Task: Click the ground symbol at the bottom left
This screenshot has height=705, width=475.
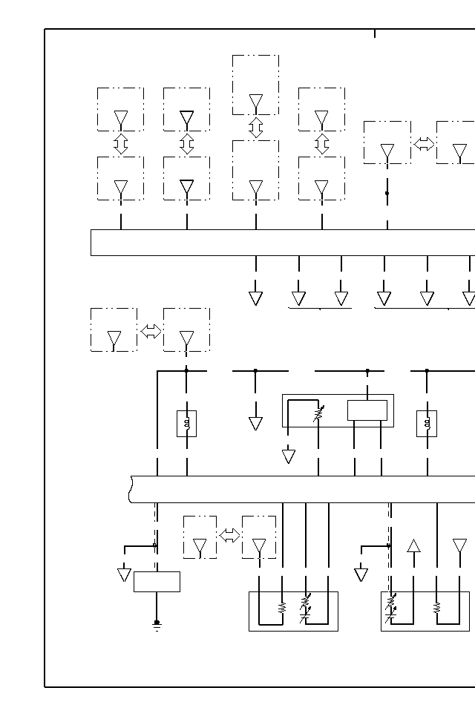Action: (x=157, y=625)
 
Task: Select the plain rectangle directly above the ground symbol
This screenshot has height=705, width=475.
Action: (x=157, y=581)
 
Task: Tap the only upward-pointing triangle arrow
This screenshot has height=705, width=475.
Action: (x=414, y=546)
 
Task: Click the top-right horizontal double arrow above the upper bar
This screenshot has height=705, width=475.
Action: (x=424, y=143)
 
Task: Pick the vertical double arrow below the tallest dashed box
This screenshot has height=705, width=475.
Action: (x=256, y=128)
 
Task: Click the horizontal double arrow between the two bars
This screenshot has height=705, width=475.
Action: (x=151, y=331)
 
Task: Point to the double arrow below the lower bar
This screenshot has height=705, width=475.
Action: (x=229, y=535)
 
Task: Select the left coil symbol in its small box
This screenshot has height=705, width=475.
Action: (x=186, y=424)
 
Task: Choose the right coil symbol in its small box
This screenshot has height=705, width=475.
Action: (x=427, y=424)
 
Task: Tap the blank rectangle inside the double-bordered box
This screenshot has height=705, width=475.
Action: (x=367, y=410)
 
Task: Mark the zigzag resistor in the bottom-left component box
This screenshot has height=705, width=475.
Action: (x=282, y=608)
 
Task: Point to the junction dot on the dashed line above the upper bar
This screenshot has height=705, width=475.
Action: (x=387, y=193)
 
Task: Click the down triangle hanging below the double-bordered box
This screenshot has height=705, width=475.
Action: (x=289, y=456)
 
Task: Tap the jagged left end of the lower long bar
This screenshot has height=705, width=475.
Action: (x=131, y=489)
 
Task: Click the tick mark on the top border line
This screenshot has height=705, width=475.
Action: (x=375, y=33)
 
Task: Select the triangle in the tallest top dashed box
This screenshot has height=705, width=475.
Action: (x=256, y=102)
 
